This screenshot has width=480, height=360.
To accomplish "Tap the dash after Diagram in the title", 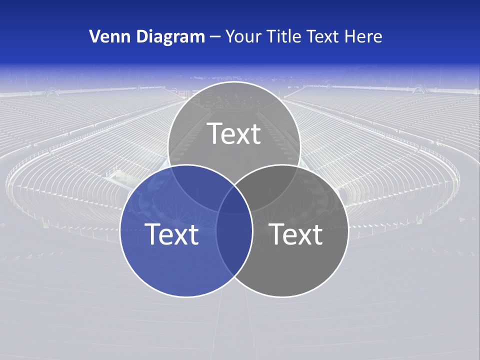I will click(x=215, y=37).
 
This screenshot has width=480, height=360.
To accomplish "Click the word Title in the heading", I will click(x=283, y=36).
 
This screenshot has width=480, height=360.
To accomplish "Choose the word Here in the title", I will click(x=364, y=36).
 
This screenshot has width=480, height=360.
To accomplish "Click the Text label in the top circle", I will click(x=234, y=133).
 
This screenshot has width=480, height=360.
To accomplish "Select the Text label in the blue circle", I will click(x=171, y=234).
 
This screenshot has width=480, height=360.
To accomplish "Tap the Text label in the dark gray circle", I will click(x=296, y=234).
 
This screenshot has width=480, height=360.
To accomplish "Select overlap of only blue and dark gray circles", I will click(x=234, y=245).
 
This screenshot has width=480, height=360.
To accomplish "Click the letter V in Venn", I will click(x=94, y=36).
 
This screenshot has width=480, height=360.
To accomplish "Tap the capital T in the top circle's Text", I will click(x=216, y=133).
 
